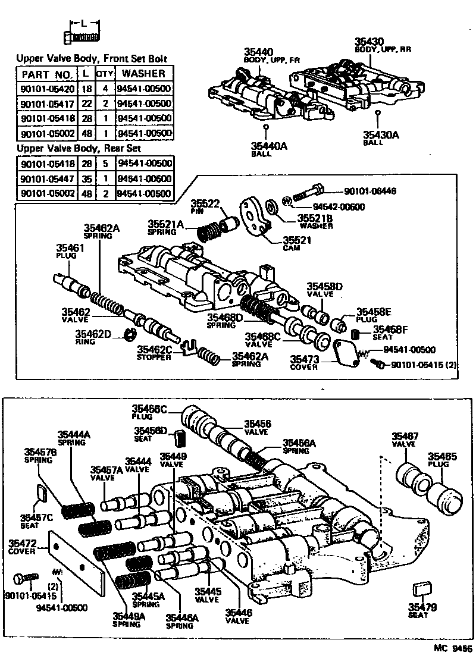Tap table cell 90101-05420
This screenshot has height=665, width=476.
47,88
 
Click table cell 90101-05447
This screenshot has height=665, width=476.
47,178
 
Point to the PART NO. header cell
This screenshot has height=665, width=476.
47,74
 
